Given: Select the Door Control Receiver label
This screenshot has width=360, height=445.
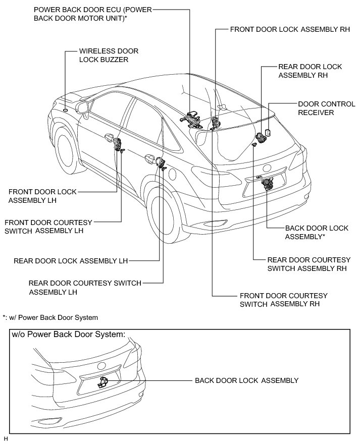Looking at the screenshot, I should click(x=316, y=107).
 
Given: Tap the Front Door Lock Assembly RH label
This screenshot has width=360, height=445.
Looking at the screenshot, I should click(x=290, y=30).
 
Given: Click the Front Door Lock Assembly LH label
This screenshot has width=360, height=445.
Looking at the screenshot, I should click(x=43, y=196).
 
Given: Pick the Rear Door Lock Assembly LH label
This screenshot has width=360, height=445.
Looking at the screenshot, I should click(x=71, y=261).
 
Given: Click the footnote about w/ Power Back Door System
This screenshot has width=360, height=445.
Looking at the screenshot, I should click(x=50, y=317).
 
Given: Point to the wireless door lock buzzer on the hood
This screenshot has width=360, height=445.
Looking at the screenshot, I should click(x=66, y=109).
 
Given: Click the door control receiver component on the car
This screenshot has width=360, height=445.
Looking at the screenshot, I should click(x=268, y=133).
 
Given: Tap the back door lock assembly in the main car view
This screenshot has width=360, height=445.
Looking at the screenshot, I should click(x=266, y=182).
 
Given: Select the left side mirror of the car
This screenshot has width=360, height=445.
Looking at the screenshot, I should click(x=82, y=106).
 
